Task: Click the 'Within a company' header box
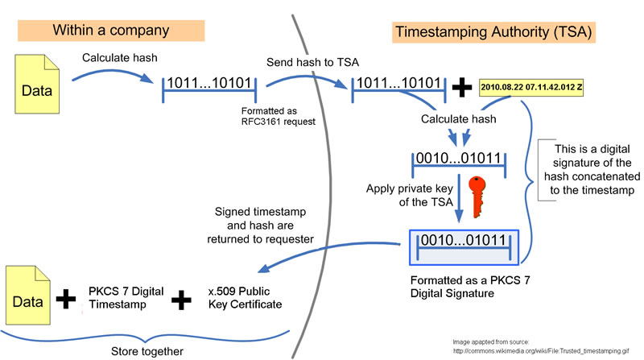(x=111, y=31)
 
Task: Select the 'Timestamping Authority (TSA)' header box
(x=493, y=32)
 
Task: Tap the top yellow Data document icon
(x=37, y=85)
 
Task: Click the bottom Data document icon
(x=28, y=295)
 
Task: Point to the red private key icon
(x=477, y=197)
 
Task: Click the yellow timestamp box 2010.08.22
(x=531, y=87)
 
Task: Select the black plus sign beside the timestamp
(x=461, y=87)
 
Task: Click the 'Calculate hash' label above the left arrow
(x=119, y=57)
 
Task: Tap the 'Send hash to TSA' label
(x=312, y=62)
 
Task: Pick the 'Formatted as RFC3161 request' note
(x=278, y=116)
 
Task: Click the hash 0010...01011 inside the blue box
(x=464, y=240)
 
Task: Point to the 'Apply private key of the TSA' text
(x=410, y=195)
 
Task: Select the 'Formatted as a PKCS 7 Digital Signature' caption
(x=470, y=287)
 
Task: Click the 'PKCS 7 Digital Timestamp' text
(x=126, y=297)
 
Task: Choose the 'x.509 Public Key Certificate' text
(x=246, y=297)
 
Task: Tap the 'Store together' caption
(x=147, y=351)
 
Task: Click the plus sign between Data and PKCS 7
(x=66, y=299)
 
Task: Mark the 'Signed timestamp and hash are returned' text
(x=260, y=226)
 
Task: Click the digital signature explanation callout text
(x=592, y=169)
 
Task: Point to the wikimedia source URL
(x=541, y=351)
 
